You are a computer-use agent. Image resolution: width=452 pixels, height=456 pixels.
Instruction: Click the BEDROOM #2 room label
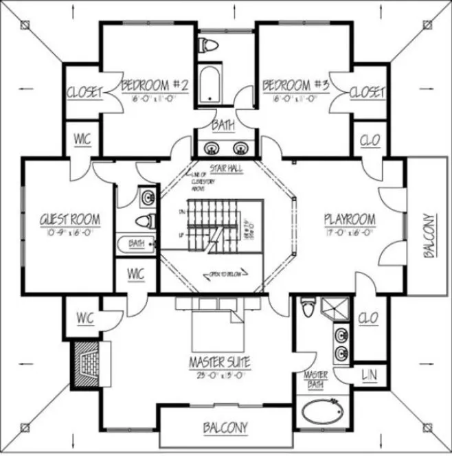(155, 86)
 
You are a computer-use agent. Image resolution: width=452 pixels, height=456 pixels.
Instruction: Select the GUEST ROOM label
(71, 220)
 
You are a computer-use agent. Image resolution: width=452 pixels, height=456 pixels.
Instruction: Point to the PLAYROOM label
(350, 220)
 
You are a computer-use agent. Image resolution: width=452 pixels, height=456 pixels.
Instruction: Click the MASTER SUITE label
(221, 361)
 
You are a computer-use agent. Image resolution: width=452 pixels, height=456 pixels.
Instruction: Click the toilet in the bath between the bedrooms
(209, 46)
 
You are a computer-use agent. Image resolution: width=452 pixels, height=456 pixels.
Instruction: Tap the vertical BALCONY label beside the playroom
(429, 234)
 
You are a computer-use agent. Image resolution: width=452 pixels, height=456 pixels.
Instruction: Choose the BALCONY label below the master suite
(226, 428)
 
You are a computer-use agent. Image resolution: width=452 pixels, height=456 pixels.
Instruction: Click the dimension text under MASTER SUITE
(221, 374)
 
